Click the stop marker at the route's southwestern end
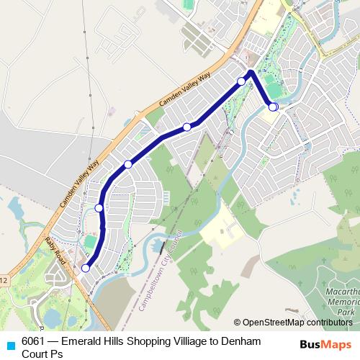tap(86, 268)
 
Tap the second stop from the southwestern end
tap(99, 207)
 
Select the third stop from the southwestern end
tap(128, 165)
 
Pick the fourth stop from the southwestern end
tap(186, 127)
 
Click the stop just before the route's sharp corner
tap(241, 81)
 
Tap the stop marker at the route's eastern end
tap(273, 107)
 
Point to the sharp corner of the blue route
tap(250, 72)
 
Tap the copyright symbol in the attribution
tap(238, 322)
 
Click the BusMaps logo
tap(325, 344)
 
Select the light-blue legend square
tap(9, 344)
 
